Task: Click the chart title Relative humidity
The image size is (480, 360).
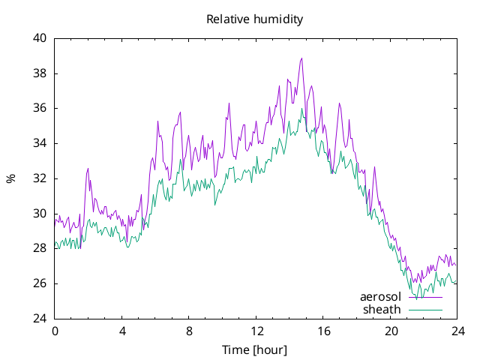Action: [x=255, y=19]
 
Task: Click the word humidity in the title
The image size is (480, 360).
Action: [x=278, y=19]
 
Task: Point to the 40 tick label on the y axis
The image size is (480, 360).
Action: [x=40, y=38]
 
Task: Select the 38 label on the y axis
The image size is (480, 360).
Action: [x=40, y=73]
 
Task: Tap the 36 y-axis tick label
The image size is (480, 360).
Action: [x=40, y=108]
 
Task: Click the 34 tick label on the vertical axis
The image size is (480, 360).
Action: [x=40, y=143]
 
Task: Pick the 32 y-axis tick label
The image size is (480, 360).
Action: [x=40, y=178]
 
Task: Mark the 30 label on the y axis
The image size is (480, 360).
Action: [x=40, y=213]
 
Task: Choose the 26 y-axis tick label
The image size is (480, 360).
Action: [x=40, y=283]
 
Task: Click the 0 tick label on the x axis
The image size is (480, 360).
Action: [x=55, y=331]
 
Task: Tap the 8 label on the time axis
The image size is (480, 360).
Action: [x=189, y=331]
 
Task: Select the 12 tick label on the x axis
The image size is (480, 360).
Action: [x=256, y=331]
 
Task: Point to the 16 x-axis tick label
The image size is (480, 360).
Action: [x=323, y=331]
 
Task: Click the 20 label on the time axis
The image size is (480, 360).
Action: [x=391, y=331]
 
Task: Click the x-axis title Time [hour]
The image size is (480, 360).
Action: [x=255, y=350]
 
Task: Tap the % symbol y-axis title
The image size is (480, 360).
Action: [x=10, y=178]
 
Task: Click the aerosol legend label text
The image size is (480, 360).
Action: [x=380, y=297]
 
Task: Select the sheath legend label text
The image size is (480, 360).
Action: [x=382, y=310]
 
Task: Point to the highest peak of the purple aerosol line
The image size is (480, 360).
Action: [x=301, y=58]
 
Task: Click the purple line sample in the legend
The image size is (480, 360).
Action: [x=425, y=297]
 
